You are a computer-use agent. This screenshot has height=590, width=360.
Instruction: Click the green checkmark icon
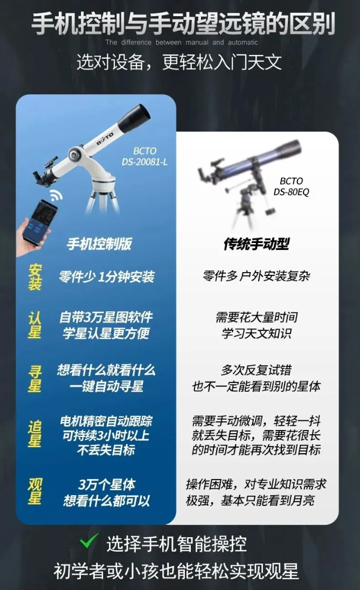(89, 542)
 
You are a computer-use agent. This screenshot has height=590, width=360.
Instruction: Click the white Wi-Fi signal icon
(57, 195)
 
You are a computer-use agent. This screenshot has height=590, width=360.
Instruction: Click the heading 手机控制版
(99, 244)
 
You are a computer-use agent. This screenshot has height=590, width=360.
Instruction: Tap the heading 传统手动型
(257, 244)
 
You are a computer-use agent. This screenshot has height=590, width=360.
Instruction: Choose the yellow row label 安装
(34, 277)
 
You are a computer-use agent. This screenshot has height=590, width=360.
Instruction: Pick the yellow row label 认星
(34, 325)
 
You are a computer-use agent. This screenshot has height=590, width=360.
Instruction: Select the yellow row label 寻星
(34, 379)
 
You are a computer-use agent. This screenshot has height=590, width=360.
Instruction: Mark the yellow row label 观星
(34, 491)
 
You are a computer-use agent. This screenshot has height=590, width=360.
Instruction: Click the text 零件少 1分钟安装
(107, 277)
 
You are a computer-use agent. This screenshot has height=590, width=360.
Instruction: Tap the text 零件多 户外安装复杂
(257, 276)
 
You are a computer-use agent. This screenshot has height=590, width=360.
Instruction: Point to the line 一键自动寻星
(107, 386)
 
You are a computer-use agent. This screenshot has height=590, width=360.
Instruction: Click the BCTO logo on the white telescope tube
(105, 138)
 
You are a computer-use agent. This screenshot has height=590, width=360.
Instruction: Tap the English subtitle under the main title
(182, 43)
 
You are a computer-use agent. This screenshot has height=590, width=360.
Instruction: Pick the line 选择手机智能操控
(176, 544)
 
